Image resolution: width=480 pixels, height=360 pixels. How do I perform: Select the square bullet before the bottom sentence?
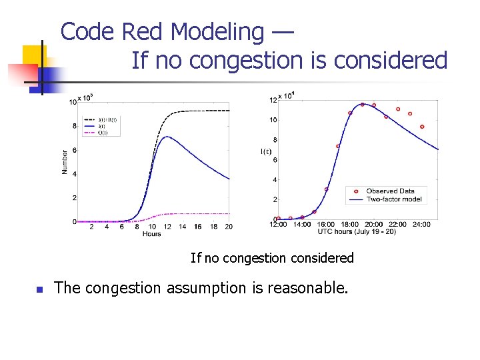coord(39,289)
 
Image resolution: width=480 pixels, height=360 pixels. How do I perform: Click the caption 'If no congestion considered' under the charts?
coord(272,257)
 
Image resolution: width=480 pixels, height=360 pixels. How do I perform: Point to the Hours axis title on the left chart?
coord(151,234)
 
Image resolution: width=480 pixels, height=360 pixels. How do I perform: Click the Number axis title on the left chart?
coord(65,162)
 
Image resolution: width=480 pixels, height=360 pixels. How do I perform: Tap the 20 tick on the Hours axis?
coord(229,227)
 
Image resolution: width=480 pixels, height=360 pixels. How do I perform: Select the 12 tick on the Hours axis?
coord(167,227)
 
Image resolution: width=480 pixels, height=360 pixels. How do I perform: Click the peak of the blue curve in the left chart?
coord(167,137)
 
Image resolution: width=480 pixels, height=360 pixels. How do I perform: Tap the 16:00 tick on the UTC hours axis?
coord(326,225)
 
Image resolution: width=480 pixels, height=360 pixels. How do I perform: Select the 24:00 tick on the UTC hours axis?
coord(421,225)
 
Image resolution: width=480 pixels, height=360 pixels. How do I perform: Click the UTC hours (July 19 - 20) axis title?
coord(357,231)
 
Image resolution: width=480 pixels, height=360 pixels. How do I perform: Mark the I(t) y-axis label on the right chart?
coord(265,152)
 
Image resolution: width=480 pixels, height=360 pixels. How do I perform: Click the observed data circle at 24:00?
coord(422,127)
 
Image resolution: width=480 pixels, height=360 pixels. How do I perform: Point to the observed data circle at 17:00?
coord(338,146)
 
